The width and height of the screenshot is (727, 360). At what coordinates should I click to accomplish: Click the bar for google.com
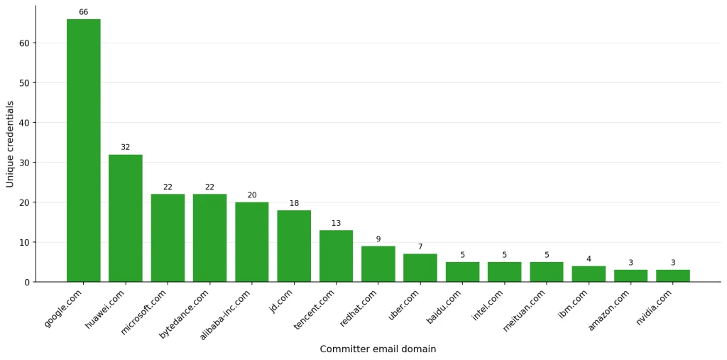click(84, 151)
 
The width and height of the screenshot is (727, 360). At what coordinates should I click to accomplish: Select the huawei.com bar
click(126, 218)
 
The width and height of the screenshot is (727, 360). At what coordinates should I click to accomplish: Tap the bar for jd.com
click(294, 246)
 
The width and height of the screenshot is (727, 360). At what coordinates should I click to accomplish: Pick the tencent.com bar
click(336, 256)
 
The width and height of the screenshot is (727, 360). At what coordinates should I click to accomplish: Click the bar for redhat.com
click(378, 263)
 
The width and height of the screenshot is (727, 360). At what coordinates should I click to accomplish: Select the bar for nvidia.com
click(673, 276)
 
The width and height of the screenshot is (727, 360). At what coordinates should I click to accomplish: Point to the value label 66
click(84, 12)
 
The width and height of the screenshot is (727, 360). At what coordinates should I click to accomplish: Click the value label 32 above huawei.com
click(126, 147)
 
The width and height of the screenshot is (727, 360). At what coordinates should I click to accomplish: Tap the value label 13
click(336, 223)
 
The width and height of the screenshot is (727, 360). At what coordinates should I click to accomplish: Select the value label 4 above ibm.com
click(589, 259)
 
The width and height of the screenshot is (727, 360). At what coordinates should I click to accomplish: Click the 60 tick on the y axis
click(25, 43)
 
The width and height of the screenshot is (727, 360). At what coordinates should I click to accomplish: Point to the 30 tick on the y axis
click(25, 163)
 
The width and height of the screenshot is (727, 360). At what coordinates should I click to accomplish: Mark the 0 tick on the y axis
click(27, 282)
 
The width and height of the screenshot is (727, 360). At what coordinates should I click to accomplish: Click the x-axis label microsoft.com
click(146, 311)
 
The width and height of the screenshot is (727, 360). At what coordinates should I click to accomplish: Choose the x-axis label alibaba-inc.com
click(226, 314)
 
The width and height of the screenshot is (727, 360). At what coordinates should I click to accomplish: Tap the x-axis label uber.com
click(404, 305)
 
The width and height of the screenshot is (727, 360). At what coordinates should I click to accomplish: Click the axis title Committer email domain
click(378, 349)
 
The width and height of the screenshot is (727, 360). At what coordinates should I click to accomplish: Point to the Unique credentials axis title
click(10, 144)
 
